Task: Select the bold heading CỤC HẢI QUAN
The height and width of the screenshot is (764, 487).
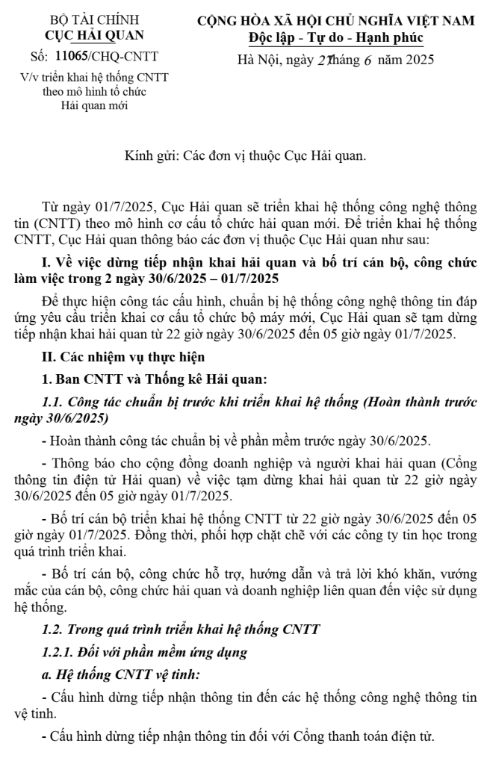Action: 94,35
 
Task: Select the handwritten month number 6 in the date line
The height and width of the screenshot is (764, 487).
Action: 347,60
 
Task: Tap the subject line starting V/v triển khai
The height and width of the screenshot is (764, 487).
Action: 94,77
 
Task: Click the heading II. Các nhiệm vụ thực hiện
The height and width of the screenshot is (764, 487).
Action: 120,356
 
